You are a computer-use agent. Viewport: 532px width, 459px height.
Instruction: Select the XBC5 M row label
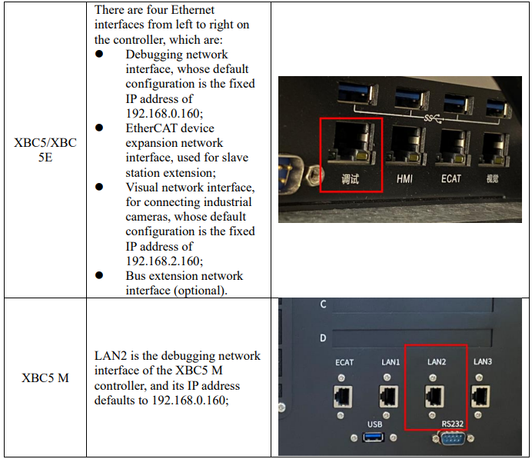coord(45,378)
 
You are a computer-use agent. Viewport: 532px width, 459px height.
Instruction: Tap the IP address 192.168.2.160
coord(165,261)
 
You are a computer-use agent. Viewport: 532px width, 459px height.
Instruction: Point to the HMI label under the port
coord(404,179)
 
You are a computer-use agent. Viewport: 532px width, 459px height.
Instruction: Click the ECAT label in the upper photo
coord(451,178)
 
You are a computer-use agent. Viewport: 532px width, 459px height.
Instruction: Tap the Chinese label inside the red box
coord(350,179)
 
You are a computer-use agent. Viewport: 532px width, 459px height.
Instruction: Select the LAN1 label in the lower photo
coord(391,362)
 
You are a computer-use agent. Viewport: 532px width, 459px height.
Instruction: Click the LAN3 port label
coord(483,361)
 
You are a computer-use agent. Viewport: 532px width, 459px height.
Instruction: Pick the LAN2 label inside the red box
coord(437,362)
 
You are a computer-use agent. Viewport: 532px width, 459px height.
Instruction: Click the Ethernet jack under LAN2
coord(434,396)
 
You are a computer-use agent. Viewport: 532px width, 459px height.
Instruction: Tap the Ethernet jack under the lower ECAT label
coord(343,397)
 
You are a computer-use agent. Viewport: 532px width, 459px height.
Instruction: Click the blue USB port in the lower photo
coord(373,437)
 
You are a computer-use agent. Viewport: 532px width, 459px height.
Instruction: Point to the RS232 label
coord(452,424)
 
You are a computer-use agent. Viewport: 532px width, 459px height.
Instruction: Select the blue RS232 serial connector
coord(454,439)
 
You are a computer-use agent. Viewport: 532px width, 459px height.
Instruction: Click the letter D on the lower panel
coord(323,338)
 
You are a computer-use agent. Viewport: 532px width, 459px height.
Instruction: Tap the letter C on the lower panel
coord(323,304)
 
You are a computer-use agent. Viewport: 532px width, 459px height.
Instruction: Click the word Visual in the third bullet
coord(141,188)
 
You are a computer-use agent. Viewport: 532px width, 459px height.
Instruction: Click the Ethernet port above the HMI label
coord(406,145)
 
